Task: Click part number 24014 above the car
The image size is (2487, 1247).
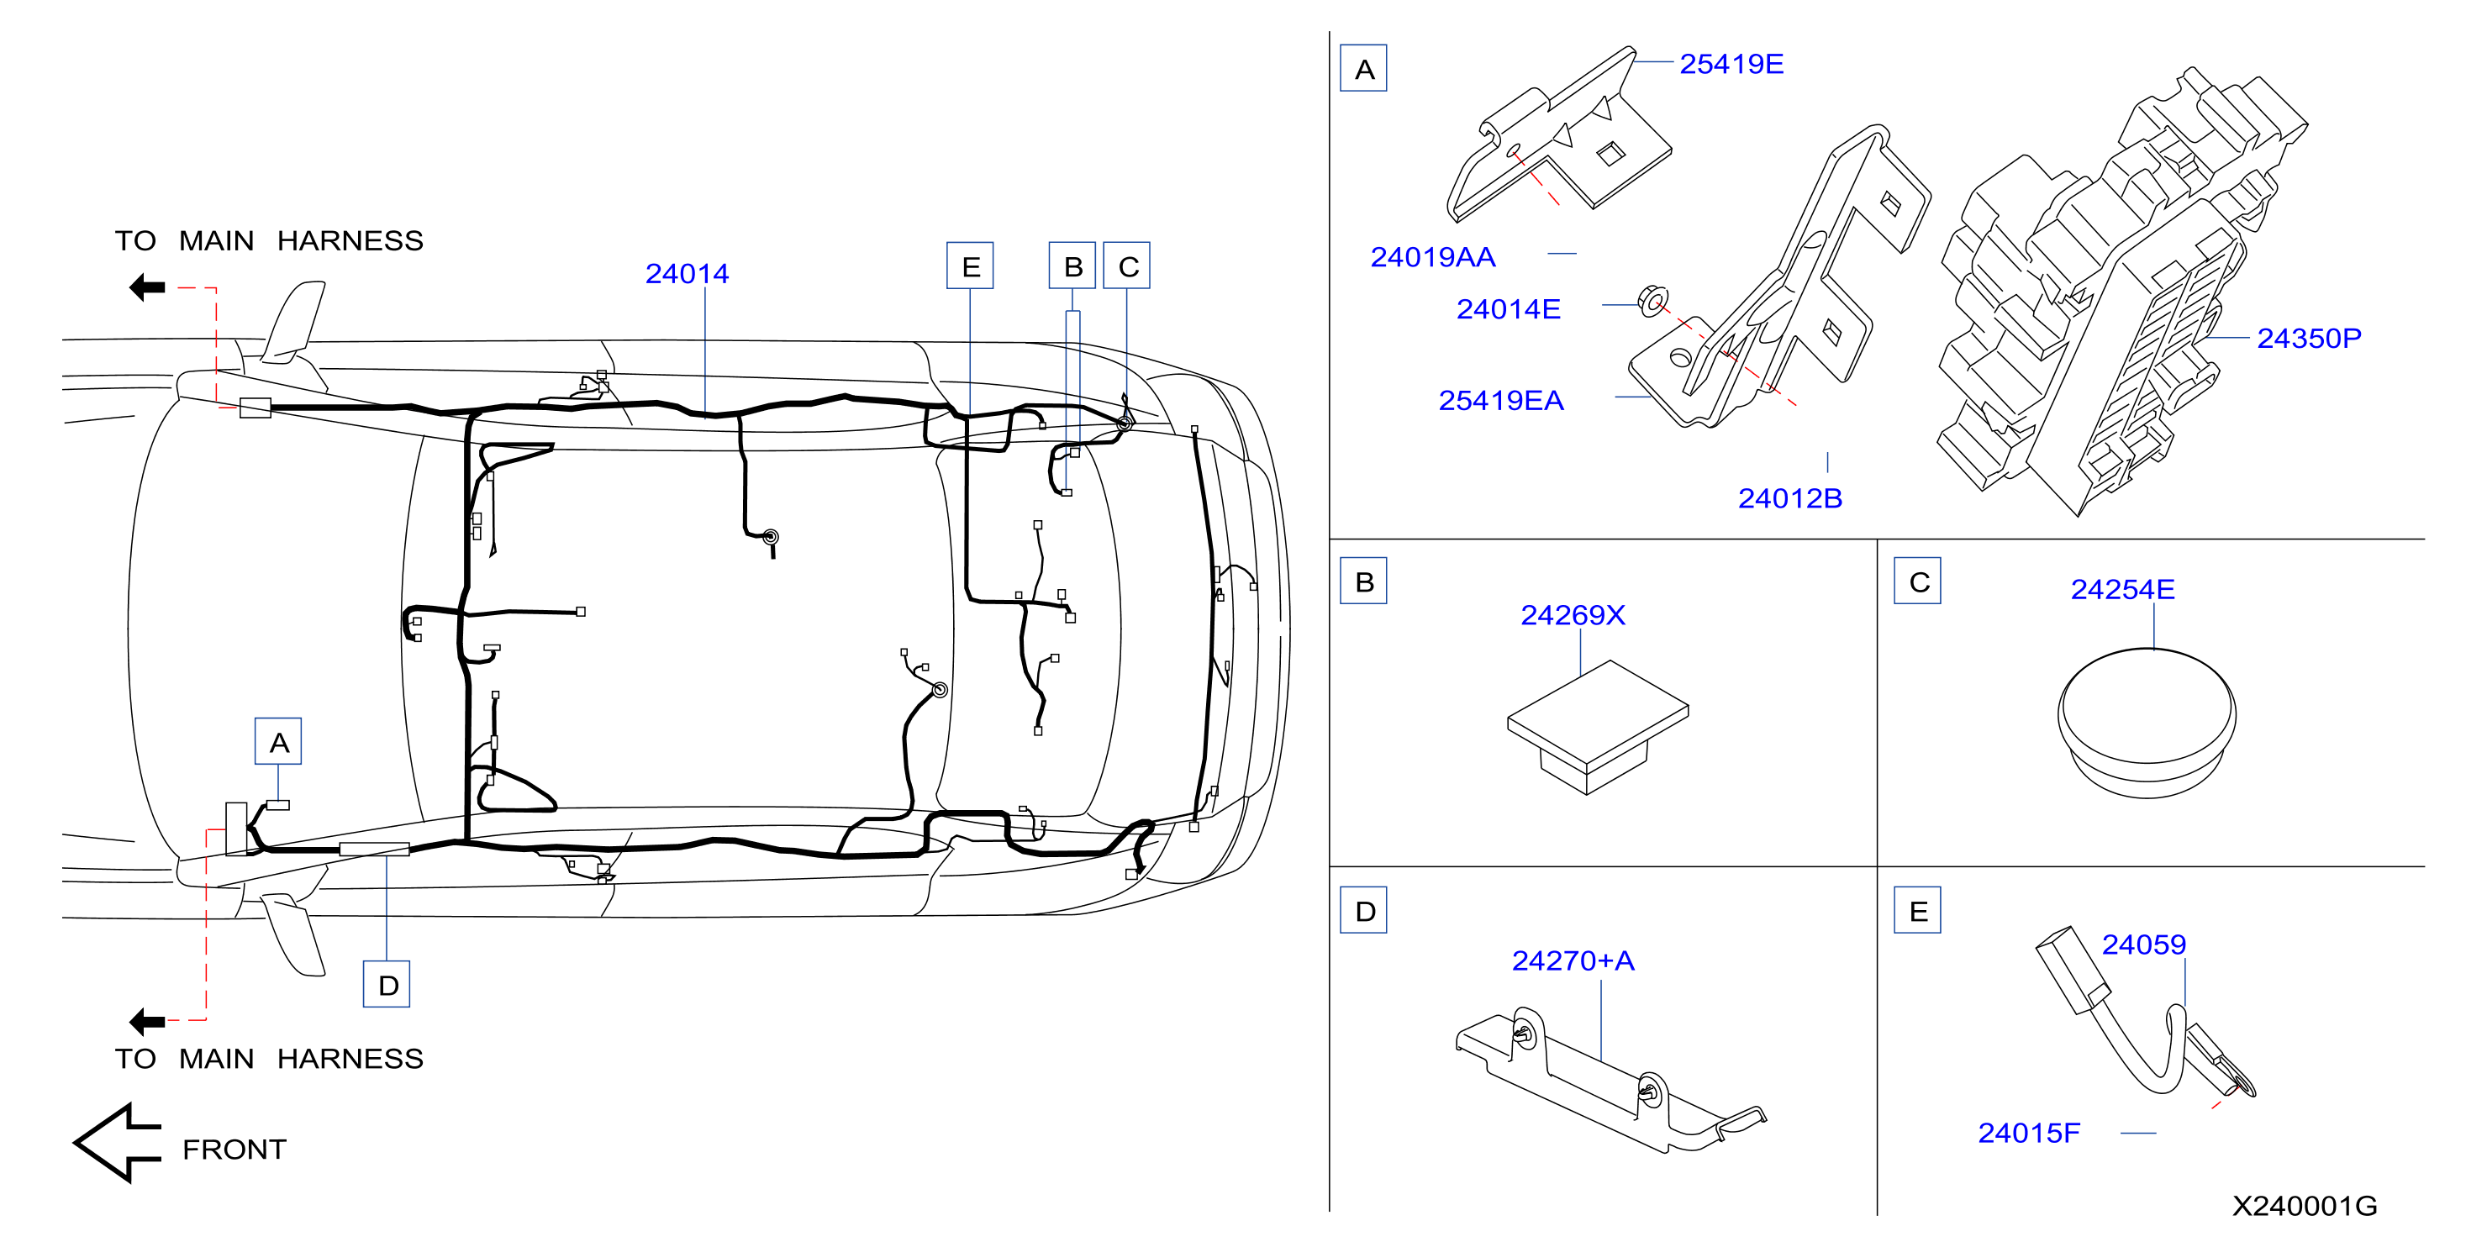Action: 687,274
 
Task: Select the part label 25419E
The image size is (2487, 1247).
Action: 1731,64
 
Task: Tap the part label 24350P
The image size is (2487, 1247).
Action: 2308,338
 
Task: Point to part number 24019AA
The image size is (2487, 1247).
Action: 1433,257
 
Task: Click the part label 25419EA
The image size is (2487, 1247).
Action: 1500,401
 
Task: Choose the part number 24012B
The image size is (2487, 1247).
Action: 1790,498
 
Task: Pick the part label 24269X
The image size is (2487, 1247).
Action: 1573,615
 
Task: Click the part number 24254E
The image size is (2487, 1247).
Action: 2122,589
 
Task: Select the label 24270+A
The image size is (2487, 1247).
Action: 1573,960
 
